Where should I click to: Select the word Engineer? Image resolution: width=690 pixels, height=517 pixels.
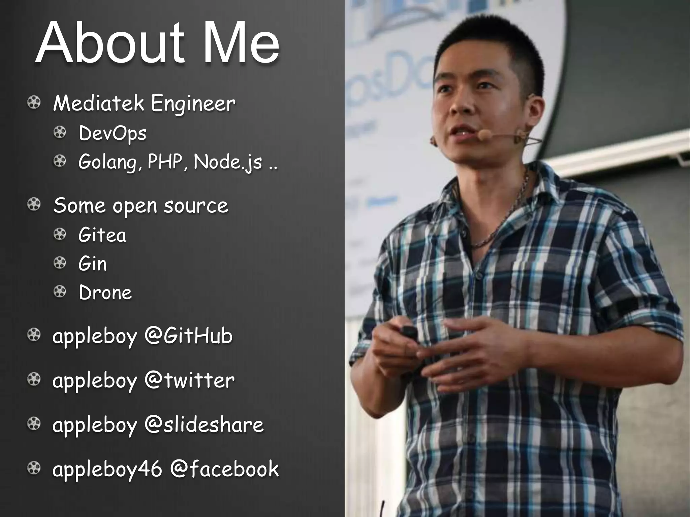tap(193, 104)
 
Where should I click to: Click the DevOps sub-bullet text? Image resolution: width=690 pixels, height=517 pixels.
tap(113, 134)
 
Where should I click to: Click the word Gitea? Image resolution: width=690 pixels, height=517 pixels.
tap(102, 235)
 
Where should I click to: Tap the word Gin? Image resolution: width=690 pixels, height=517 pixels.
tap(93, 264)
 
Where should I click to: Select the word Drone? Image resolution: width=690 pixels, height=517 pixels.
tap(105, 292)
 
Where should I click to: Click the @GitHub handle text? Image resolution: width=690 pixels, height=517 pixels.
tap(188, 336)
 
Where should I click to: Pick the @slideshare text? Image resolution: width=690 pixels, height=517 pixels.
tap(204, 425)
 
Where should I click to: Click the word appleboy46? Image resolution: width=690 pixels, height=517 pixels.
tap(107, 470)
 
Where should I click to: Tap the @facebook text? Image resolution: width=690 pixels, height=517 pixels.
tap(224, 469)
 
